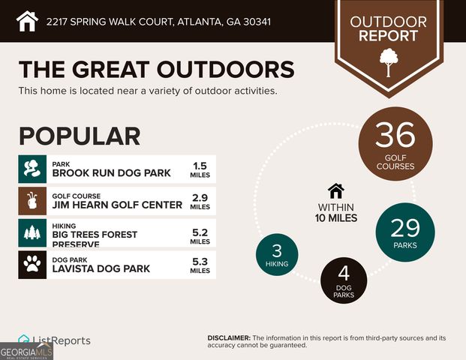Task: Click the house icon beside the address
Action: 27,20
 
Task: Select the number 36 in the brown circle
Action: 395,136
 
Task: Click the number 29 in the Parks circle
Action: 404,227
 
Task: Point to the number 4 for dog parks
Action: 344,274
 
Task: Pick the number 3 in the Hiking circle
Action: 278,250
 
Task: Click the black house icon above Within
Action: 335,190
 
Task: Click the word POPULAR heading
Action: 80,136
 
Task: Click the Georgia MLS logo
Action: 26,350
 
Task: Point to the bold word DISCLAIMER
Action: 229,338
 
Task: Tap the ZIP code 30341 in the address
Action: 256,21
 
